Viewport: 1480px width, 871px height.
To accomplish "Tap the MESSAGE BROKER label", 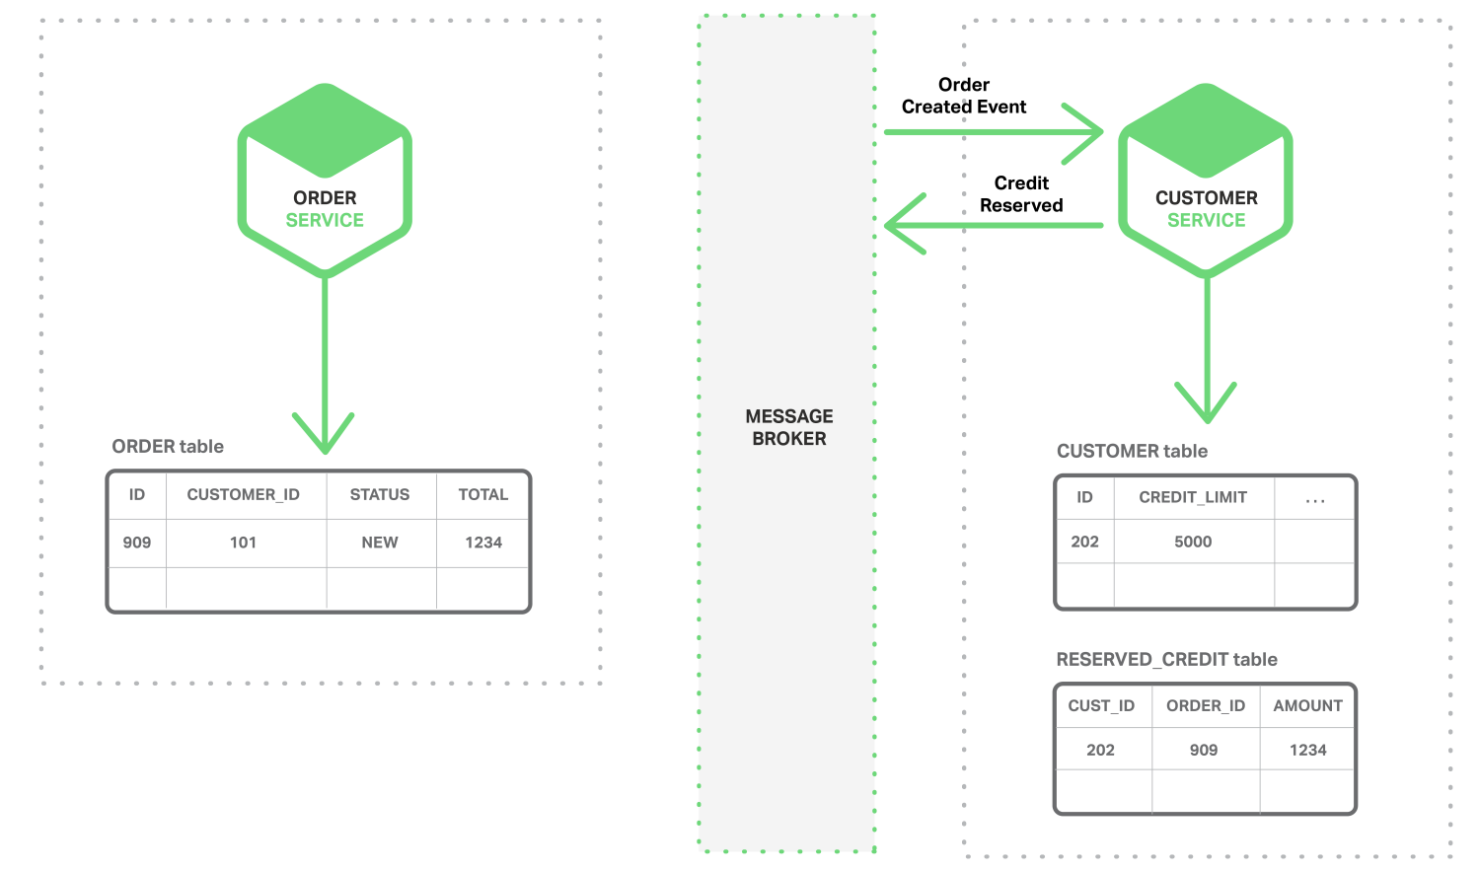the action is [x=789, y=427].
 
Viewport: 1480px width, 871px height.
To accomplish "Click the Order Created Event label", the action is [x=963, y=96].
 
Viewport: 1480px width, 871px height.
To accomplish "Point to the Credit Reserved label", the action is [x=1021, y=194].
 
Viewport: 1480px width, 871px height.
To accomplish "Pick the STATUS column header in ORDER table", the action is [x=379, y=494].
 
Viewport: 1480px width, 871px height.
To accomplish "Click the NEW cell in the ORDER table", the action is [x=379, y=543].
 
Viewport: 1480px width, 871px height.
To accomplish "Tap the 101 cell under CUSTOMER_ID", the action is [x=243, y=543].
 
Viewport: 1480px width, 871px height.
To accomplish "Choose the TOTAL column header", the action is [x=483, y=494].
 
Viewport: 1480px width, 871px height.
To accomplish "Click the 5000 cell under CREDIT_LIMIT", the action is [x=1193, y=542].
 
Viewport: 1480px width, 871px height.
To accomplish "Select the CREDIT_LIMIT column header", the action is [x=1193, y=497].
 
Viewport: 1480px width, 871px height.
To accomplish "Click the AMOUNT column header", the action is [x=1307, y=706].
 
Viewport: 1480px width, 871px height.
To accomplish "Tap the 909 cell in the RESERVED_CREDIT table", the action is [x=1203, y=750].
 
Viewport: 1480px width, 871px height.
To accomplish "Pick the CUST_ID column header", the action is [x=1101, y=706].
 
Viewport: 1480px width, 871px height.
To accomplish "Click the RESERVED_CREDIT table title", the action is [x=1166, y=659].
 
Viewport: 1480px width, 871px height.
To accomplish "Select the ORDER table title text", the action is [x=167, y=447].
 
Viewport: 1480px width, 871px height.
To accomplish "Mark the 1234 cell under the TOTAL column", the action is [x=483, y=543].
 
